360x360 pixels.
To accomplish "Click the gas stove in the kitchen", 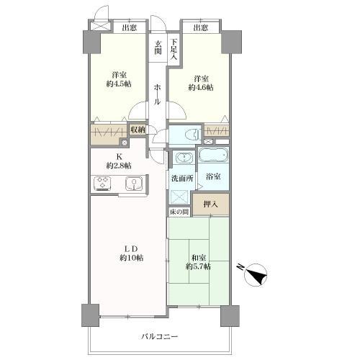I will click(x=102, y=185).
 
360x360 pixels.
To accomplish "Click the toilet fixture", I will click(x=189, y=134).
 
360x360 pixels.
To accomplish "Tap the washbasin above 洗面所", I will click(x=182, y=159).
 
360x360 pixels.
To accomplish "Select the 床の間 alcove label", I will click(x=179, y=212).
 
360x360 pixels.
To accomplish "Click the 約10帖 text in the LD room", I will click(x=130, y=258).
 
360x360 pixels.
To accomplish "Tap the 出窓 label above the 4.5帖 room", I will click(x=130, y=28).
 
